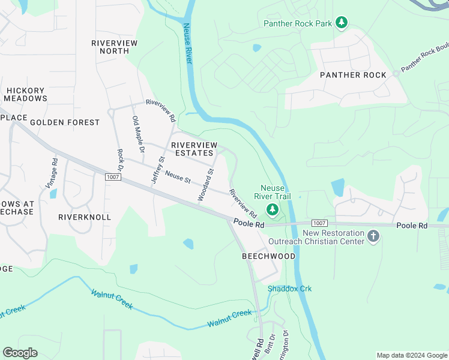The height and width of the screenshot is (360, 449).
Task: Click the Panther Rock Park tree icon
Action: (342, 23)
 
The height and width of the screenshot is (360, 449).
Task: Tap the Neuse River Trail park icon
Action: (273, 209)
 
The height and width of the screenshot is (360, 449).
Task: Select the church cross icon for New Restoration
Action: (373, 236)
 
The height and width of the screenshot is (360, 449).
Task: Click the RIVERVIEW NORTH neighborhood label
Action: (114, 47)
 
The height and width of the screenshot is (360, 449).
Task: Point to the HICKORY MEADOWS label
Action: (25, 94)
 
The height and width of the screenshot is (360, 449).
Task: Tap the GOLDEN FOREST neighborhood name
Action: (65, 122)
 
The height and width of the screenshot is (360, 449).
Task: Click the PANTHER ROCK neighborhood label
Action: (353, 75)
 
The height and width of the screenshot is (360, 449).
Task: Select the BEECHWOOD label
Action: (268, 256)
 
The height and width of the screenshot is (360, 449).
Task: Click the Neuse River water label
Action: (188, 44)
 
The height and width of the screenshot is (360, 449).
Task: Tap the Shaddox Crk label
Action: (290, 289)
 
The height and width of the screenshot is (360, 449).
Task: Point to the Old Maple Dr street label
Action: (136, 135)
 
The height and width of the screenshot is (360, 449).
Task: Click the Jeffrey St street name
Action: (158, 170)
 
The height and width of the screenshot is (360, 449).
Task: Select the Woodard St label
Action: (206, 185)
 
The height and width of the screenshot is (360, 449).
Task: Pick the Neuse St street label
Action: (177, 178)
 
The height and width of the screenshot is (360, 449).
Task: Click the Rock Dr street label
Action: (120, 160)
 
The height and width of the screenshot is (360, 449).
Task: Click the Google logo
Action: (20, 353)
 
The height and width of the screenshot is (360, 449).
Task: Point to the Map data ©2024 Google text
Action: (411, 355)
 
